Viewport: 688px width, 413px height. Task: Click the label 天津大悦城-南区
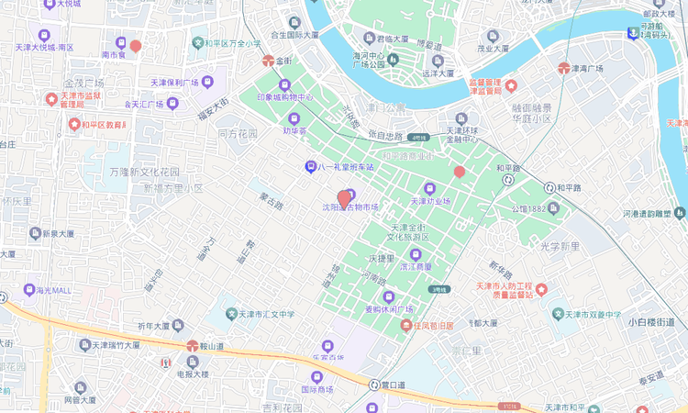click(44, 47)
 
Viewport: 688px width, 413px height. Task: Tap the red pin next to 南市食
click(136, 45)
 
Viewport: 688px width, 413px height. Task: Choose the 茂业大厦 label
click(493, 49)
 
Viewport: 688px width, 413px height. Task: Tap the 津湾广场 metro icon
click(563, 68)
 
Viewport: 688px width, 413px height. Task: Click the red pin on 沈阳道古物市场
click(345, 197)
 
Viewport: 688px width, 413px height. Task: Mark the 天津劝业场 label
click(429, 201)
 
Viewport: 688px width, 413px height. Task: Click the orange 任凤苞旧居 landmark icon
click(405, 326)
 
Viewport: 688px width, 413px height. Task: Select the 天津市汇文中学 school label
click(261, 314)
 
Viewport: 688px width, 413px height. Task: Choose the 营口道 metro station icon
click(373, 385)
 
